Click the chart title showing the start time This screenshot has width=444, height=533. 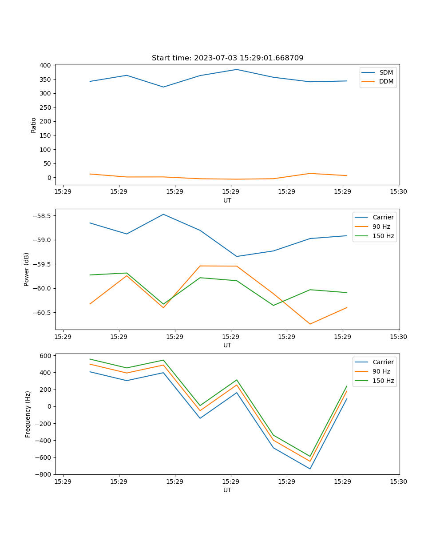(x=227, y=58)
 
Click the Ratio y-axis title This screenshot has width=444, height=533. (x=34, y=125)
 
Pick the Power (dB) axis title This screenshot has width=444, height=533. (x=27, y=269)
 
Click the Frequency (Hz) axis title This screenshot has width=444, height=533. (x=28, y=414)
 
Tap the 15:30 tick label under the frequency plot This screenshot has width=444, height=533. (x=398, y=481)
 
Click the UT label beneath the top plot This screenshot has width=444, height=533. (x=227, y=200)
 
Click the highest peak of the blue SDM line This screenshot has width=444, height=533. (x=237, y=69)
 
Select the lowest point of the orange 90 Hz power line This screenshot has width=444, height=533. (x=310, y=324)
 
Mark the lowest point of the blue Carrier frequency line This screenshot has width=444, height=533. (x=310, y=469)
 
